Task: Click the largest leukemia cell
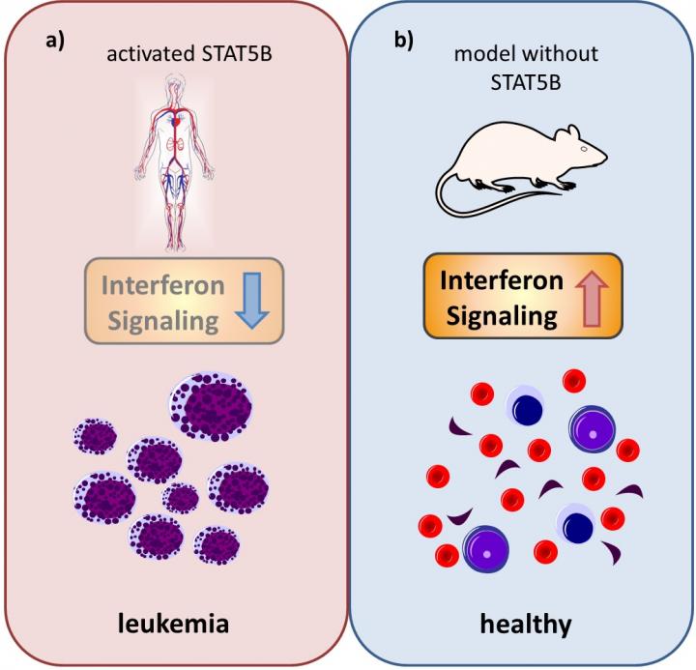(213, 405)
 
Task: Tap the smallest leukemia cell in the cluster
(181, 499)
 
